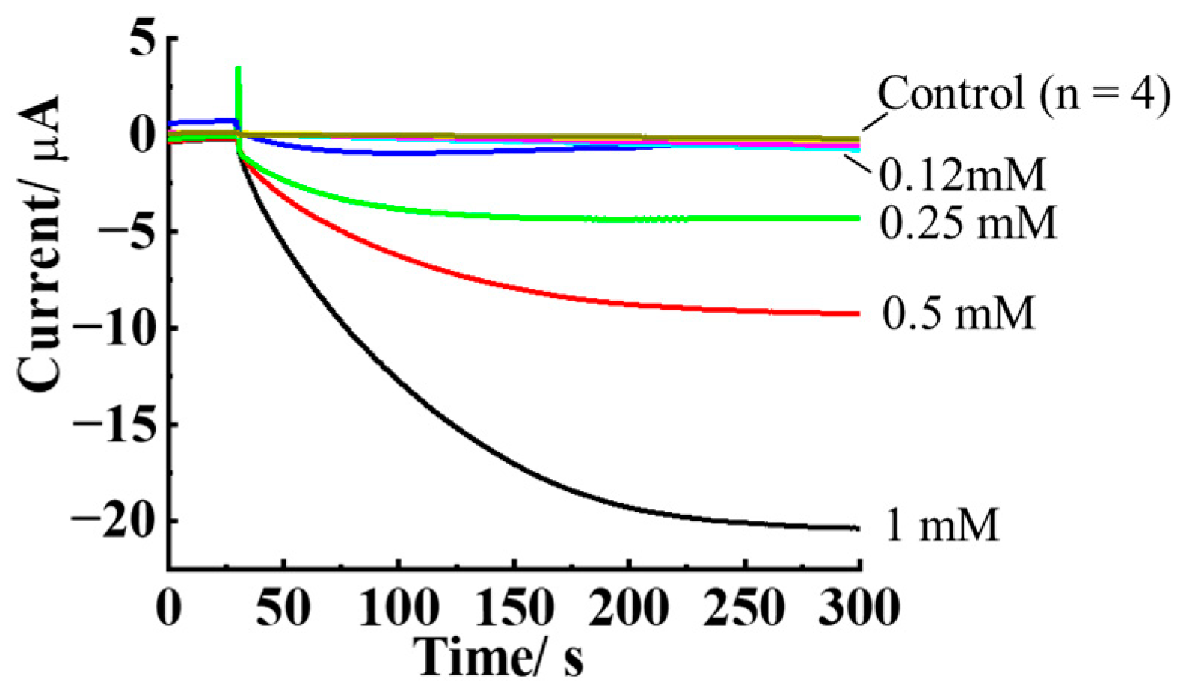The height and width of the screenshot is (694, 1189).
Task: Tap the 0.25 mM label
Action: [968, 222]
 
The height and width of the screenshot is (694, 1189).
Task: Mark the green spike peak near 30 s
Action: [238, 70]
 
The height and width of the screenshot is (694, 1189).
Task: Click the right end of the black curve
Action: [857, 529]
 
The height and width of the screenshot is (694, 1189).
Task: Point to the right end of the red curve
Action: [858, 313]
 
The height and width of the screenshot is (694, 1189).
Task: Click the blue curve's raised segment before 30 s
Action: [202, 120]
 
